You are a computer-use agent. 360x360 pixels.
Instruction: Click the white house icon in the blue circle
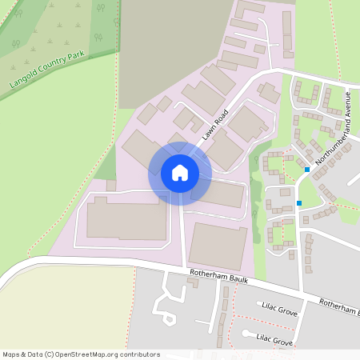(180, 173)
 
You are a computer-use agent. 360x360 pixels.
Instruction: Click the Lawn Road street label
(215, 124)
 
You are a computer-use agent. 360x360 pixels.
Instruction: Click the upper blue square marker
(308, 170)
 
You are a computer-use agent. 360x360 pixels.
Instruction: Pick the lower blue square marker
(300, 203)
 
